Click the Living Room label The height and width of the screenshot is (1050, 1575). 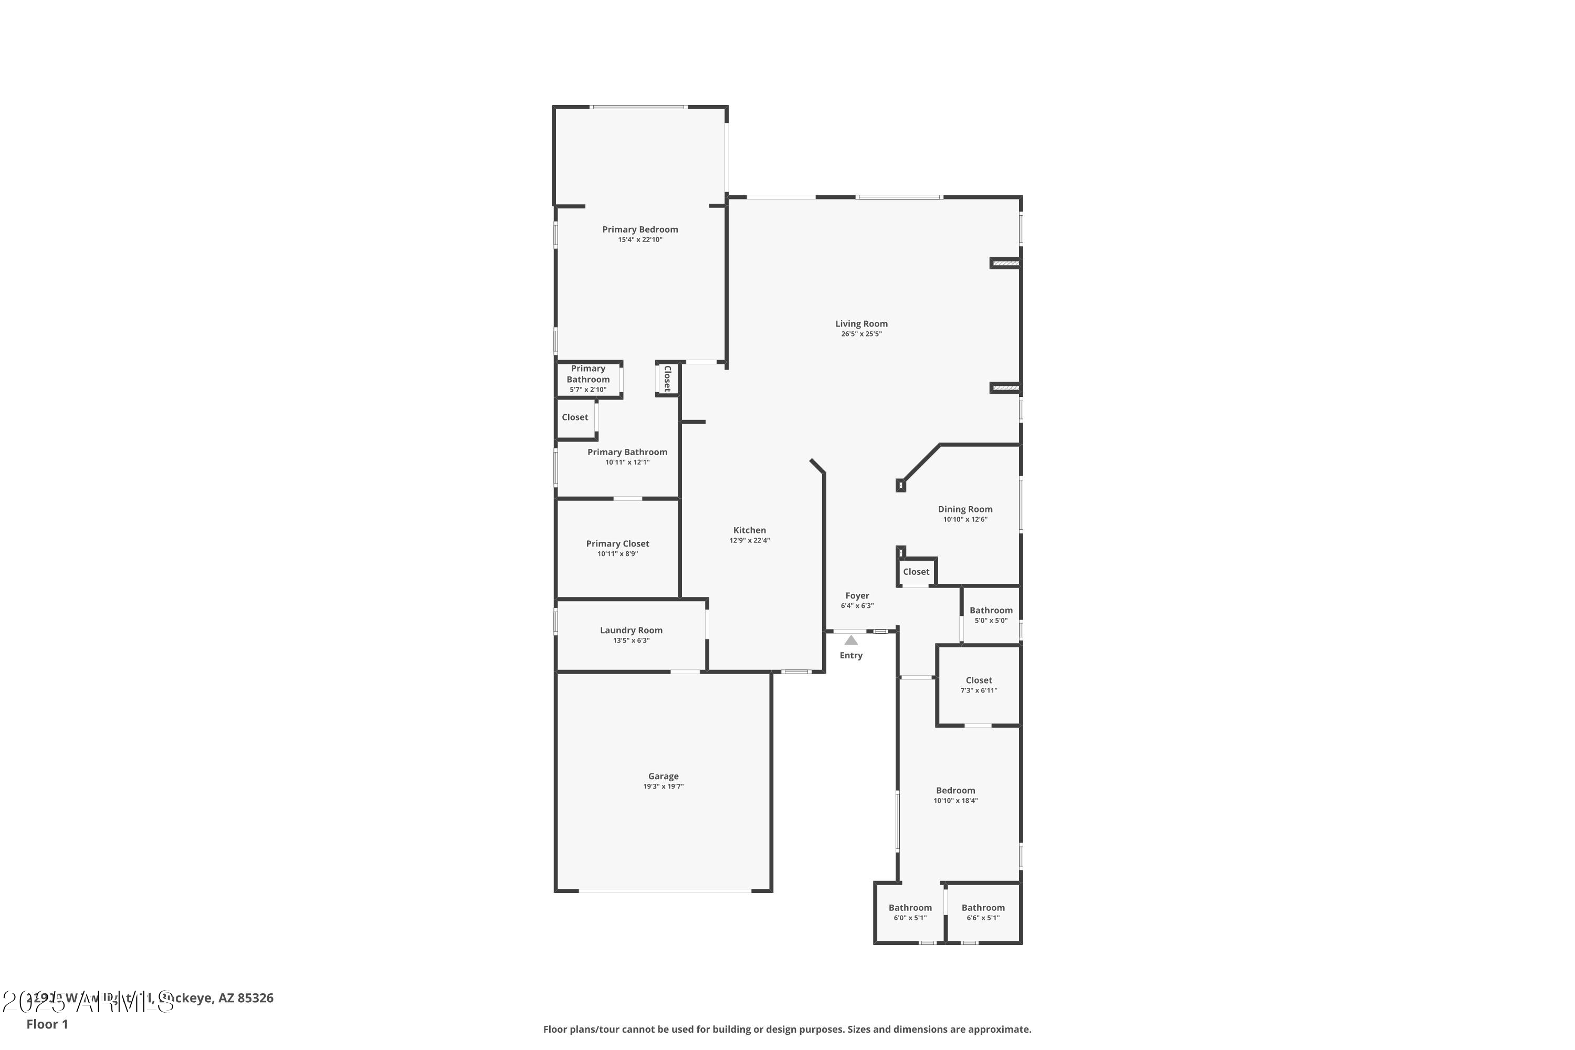(x=861, y=324)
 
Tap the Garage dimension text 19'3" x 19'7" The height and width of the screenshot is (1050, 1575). (x=663, y=786)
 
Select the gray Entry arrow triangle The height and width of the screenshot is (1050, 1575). (x=851, y=640)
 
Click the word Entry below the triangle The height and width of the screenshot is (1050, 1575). (x=851, y=656)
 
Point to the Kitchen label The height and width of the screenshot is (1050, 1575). (x=749, y=530)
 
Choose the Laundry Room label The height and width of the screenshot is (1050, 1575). (x=631, y=630)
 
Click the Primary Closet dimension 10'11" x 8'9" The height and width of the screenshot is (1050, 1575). (x=617, y=554)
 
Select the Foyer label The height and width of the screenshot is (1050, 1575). (x=857, y=596)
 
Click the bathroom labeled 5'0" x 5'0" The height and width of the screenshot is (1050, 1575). (x=991, y=615)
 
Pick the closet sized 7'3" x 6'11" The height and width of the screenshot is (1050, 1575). (x=979, y=685)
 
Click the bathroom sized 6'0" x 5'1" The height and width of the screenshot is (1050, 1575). (x=910, y=912)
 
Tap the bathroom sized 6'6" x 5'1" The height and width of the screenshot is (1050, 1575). (x=983, y=912)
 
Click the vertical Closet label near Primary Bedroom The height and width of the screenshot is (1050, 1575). (x=667, y=379)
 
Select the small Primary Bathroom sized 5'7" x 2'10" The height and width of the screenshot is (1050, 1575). (x=588, y=379)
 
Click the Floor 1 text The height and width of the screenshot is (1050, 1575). (x=47, y=1024)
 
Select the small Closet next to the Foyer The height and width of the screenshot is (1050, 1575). (x=916, y=572)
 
